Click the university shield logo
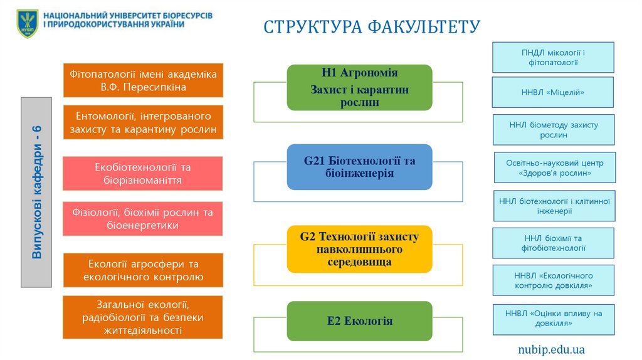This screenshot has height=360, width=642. click(27, 23)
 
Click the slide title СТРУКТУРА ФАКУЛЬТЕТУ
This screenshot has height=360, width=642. click(372, 26)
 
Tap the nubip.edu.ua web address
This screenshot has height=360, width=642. click(551, 349)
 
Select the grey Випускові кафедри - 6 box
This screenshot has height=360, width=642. click(37, 192)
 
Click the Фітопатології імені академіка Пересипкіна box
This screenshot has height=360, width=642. click(143, 80)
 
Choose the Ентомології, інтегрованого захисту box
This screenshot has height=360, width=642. click(143, 122)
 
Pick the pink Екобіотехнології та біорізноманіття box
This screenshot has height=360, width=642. click(143, 174)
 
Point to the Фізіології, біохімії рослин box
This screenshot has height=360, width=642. click(143, 218)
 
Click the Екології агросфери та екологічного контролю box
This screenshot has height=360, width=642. click(143, 270)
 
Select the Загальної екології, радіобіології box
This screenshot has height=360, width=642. click(143, 317)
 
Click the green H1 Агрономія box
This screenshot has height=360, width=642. click(359, 87)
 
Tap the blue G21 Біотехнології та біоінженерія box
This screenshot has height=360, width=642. click(359, 167)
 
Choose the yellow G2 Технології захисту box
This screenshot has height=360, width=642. click(359, 248)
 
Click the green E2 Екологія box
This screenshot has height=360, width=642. click(359, 320)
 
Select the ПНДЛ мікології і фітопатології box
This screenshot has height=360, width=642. click(553, 57)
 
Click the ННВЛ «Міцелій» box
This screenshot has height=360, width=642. click(553, 92)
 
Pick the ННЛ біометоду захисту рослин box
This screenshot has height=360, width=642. click(553, 129)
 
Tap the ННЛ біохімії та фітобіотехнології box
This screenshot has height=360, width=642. click(553, 243)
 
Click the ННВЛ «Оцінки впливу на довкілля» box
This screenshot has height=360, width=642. click(553, 319)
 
